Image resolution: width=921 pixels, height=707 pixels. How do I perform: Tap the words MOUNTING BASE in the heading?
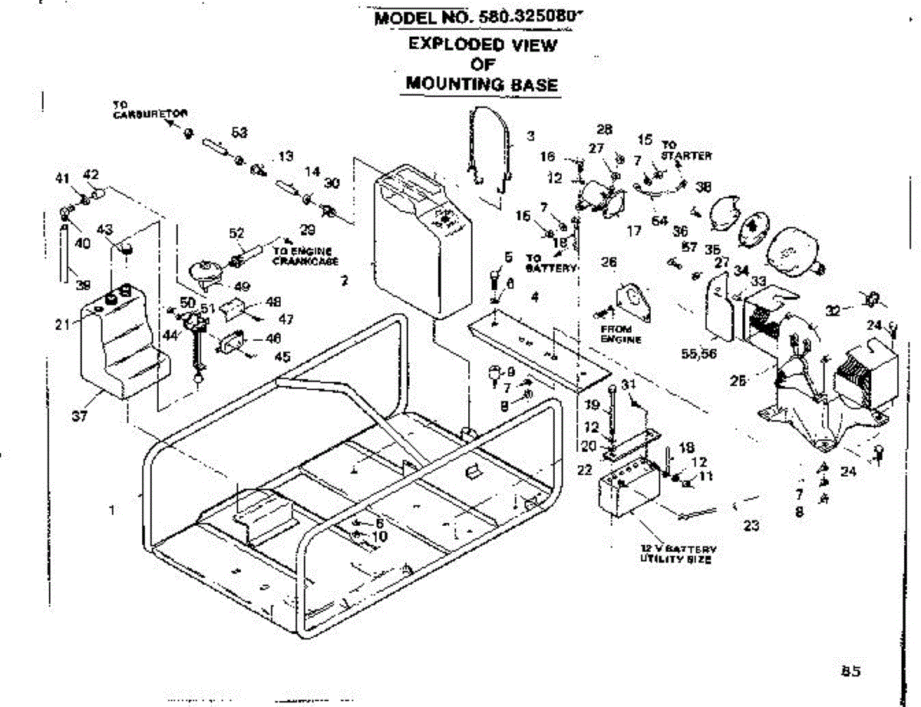tap(481, 84)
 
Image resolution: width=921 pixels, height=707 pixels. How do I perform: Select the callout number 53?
tap(239, 134)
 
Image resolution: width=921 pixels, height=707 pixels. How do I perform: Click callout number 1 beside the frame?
tap(113, 509)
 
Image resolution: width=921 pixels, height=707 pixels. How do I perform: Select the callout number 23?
tap(751, 526)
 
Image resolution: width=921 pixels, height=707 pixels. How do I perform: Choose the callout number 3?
tap(530, 137)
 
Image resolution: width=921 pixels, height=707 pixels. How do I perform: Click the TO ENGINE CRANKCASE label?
tap(305, 256)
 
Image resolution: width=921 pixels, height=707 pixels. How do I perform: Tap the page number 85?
tap(850, 670)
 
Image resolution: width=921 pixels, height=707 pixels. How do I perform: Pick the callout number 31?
tap(629, 385)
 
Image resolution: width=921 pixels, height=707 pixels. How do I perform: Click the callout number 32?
tap(832, 310)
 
